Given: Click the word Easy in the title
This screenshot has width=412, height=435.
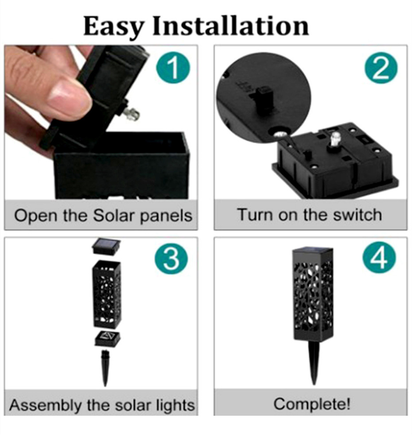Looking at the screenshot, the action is (x=113, y=27).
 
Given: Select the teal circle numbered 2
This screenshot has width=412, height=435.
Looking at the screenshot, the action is (x=381, y=68).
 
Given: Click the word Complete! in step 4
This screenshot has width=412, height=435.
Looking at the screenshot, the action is (x=312, y=404).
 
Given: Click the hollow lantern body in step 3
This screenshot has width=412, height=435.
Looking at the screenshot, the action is (x=107, y=294).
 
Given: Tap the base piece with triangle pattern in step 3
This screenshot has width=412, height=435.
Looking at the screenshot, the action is (x=108, y=338).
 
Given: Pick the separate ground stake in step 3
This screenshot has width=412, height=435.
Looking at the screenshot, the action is (x=105, y=368).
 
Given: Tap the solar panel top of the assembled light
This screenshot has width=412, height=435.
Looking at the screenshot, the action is (x=312, y=251).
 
